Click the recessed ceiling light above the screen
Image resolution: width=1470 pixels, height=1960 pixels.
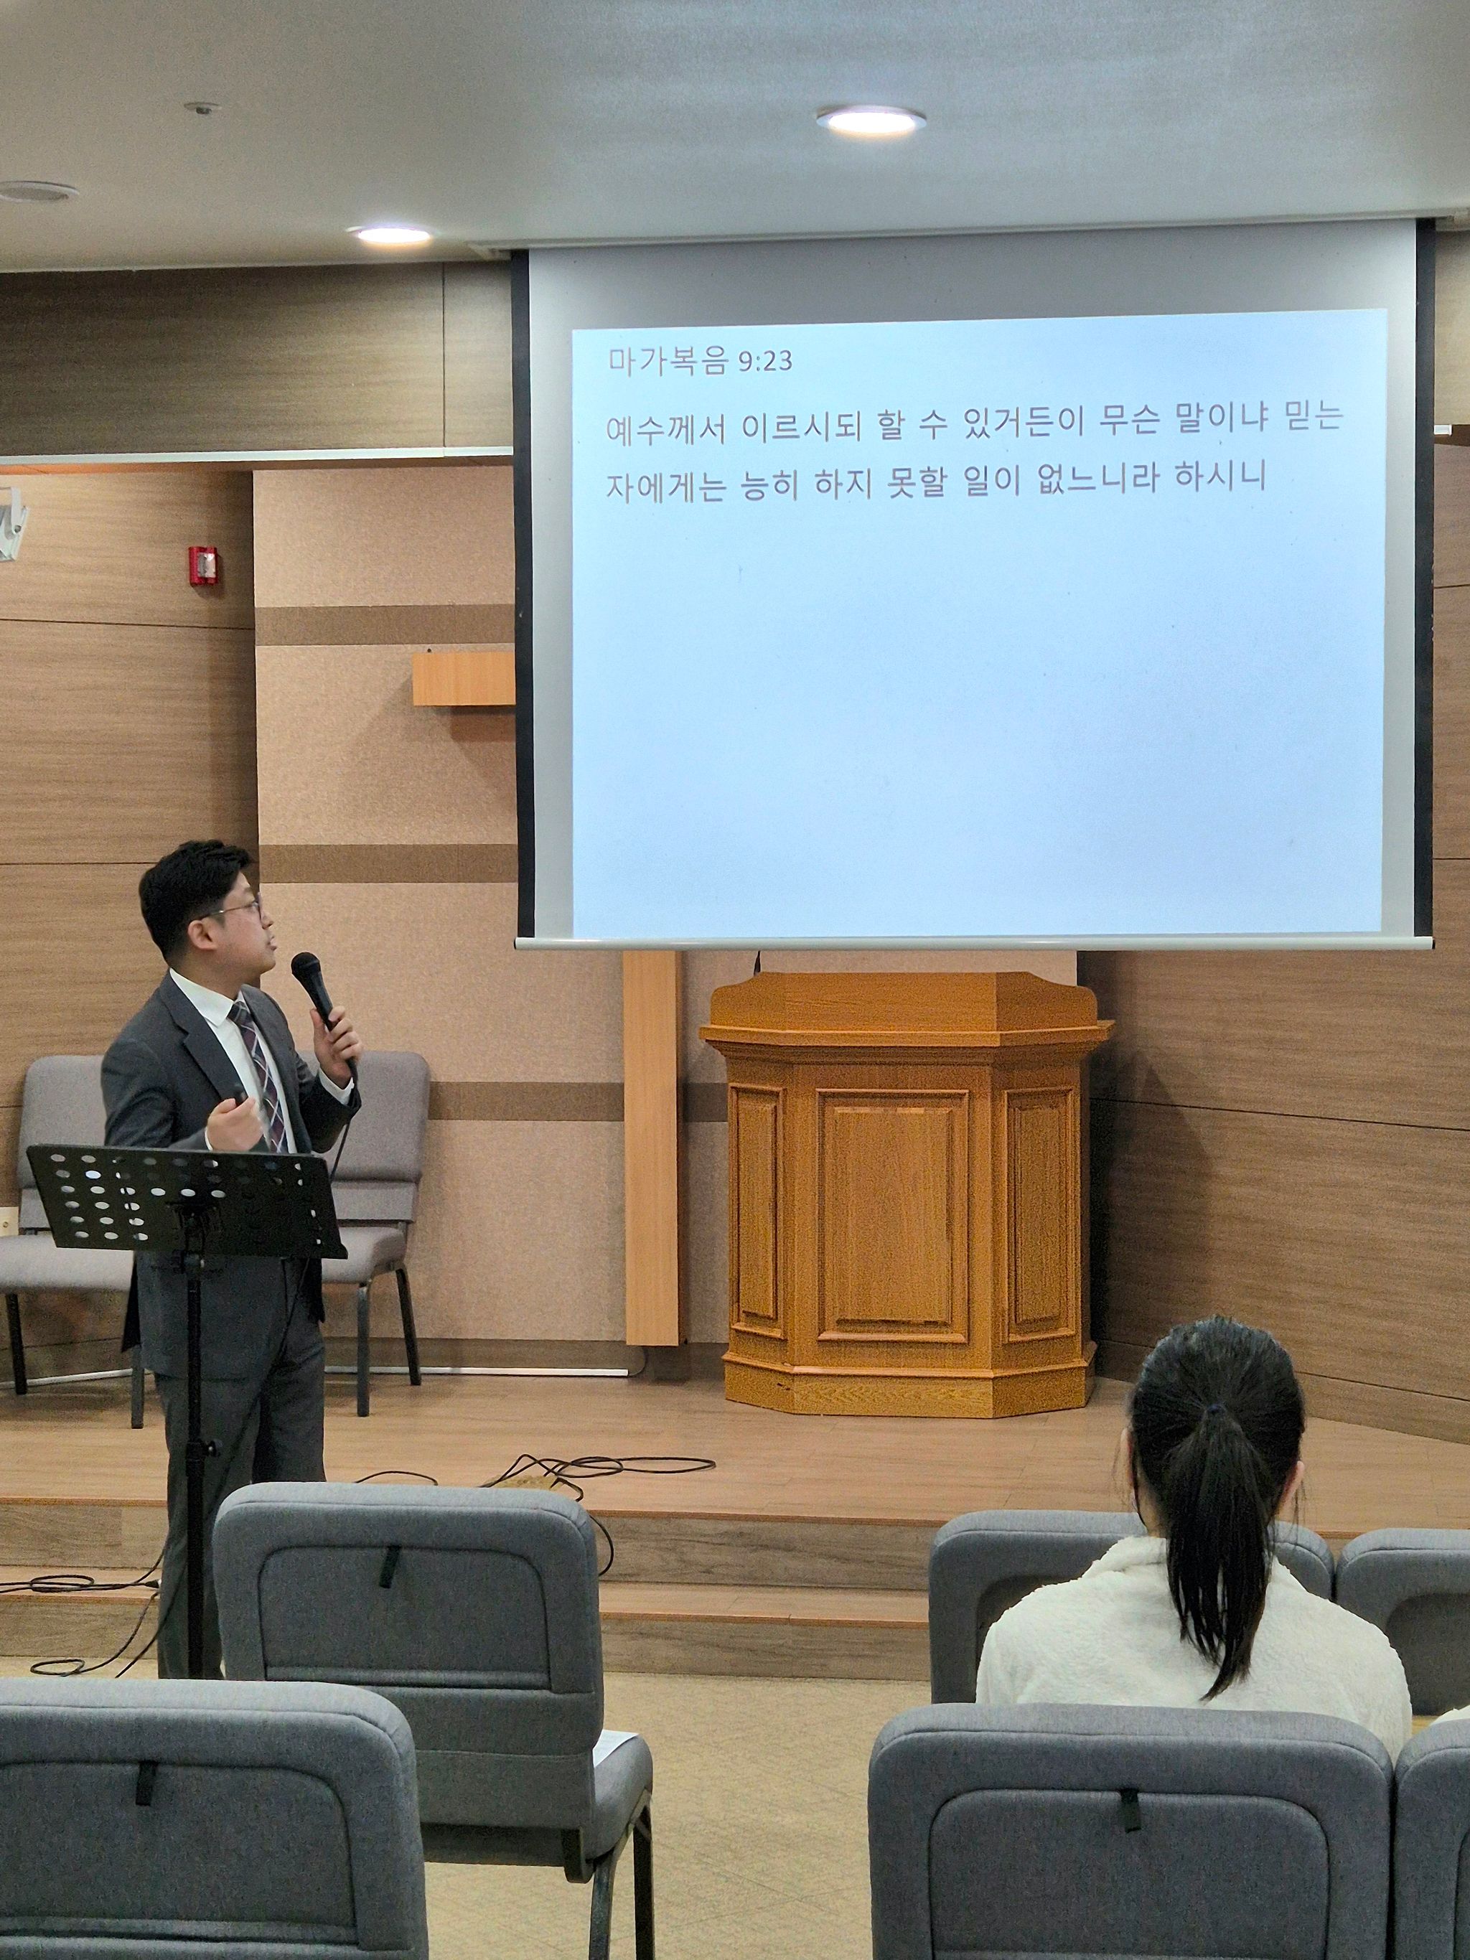pyautogui.click(x=871, y=120)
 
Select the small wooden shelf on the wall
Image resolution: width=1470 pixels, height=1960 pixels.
pyautogui.click(x=462, y=680)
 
